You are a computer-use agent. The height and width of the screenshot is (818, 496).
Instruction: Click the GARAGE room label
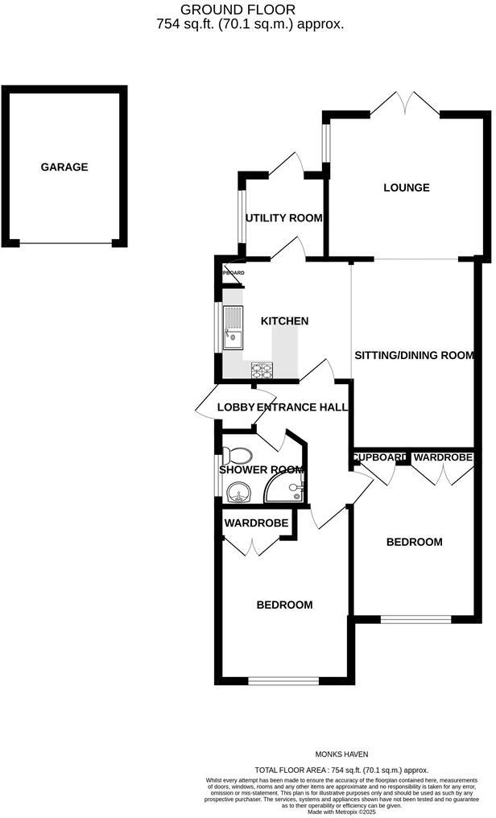(64, 167)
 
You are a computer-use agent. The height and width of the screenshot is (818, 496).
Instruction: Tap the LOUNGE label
(406, 188)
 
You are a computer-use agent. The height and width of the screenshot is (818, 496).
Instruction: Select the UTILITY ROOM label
(284, 217)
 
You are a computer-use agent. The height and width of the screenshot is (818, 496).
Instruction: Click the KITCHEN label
(284, 321)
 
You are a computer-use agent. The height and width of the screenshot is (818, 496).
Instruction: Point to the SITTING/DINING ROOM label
(414, 355)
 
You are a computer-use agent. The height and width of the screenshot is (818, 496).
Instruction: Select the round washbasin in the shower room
(238, 491)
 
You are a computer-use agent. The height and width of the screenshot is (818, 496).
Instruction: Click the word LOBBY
(236, 407)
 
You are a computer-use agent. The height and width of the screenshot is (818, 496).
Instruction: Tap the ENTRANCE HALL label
(303, 407)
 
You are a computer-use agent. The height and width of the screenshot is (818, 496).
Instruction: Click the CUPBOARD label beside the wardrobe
(378, 457)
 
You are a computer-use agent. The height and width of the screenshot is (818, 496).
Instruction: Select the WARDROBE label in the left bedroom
(256, 523)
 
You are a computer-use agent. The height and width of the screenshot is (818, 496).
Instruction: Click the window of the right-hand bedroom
(415, 619)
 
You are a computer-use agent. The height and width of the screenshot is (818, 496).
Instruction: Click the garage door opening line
(65, 244)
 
